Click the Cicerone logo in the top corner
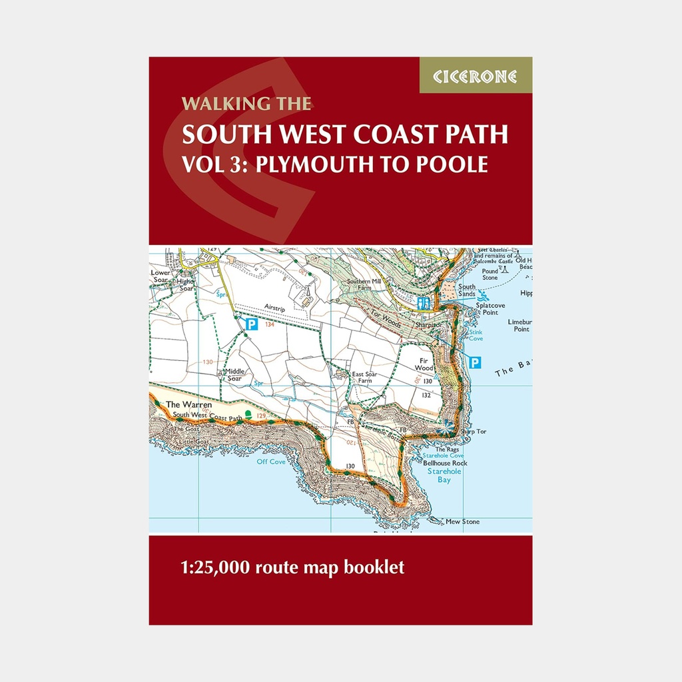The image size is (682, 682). coord(476,75)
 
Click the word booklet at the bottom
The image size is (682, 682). coord(374,568)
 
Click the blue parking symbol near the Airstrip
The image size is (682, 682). coord(252,325)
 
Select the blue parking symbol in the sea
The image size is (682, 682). coord(474,362)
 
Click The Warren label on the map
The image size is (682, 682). coord(188,404)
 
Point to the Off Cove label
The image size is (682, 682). coord(271,461)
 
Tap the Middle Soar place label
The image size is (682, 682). coord(234,375)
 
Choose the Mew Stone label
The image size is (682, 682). coord(462,521)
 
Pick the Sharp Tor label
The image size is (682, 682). coord(472,432)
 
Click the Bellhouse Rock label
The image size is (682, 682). coord(445,463)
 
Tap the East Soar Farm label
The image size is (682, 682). coord(365,378)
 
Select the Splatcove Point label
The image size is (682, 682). coord(490,308)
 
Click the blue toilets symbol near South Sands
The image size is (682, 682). coord(422,302)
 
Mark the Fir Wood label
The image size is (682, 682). coord(424,364)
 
